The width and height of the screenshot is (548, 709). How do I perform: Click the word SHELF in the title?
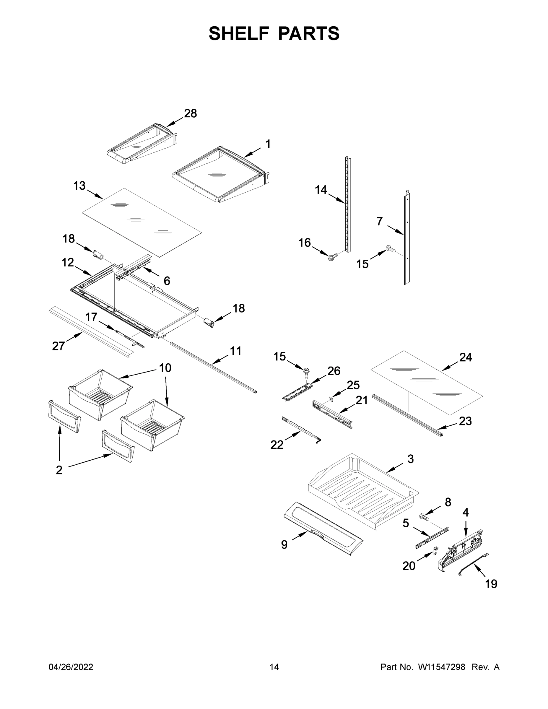(x=239, y=34)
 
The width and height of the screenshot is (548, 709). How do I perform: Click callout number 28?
(x=190, y=114)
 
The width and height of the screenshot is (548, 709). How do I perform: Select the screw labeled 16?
(x=333, y=257)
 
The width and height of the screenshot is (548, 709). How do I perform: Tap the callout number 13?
(x=79, y=186)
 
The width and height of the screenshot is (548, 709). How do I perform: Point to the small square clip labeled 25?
(x=331, y=399)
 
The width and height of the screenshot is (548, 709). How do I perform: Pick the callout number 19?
(x=491, y=584)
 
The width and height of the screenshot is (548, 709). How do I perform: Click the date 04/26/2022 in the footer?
(x=71, y=667)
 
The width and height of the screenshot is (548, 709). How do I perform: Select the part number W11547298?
(x=442, y=667)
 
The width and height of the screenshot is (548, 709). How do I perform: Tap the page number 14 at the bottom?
(x=274, y=667)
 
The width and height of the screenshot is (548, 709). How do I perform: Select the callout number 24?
(x=466, y=357)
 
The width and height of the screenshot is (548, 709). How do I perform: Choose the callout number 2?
(x=59, y=470)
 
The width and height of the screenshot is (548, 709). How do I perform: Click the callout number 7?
(x=380, y=221)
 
